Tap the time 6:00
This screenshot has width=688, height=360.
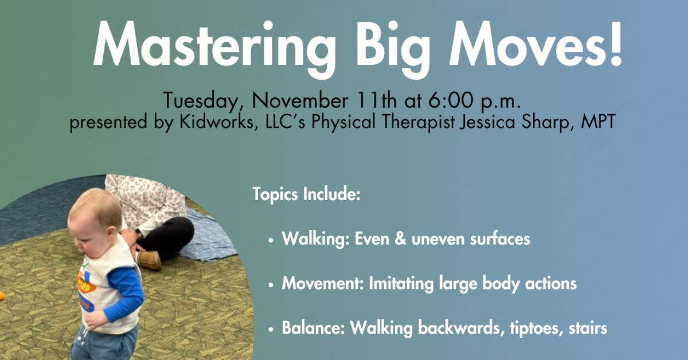click(451, 101)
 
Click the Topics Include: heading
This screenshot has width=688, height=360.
click(306, 194)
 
